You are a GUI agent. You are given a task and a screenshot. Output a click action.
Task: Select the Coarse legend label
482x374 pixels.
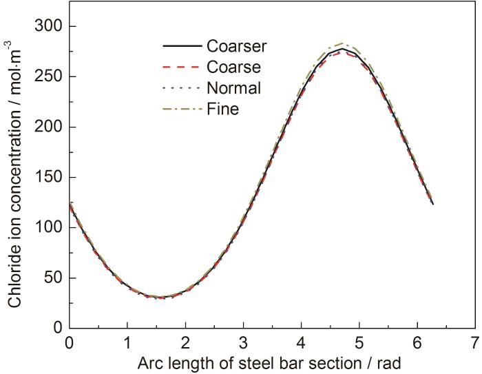(233, 67)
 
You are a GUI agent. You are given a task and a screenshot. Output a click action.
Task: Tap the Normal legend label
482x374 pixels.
(233, 87)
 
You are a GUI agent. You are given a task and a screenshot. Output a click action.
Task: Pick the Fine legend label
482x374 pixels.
(222, 109)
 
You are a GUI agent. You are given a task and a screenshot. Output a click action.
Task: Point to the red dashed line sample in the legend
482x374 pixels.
(182, 67)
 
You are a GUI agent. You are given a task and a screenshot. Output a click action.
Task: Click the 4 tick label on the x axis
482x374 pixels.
(300, 342)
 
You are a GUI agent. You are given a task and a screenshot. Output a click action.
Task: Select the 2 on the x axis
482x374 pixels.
(185, 342)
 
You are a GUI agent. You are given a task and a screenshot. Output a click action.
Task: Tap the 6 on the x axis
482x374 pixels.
(416, 342)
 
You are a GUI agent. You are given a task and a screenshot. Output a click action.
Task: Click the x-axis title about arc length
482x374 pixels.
(271, 362)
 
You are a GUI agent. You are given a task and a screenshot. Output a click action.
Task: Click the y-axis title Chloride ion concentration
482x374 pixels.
(14, 176)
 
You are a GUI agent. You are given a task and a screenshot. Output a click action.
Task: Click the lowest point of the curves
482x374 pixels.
(160, 298)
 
